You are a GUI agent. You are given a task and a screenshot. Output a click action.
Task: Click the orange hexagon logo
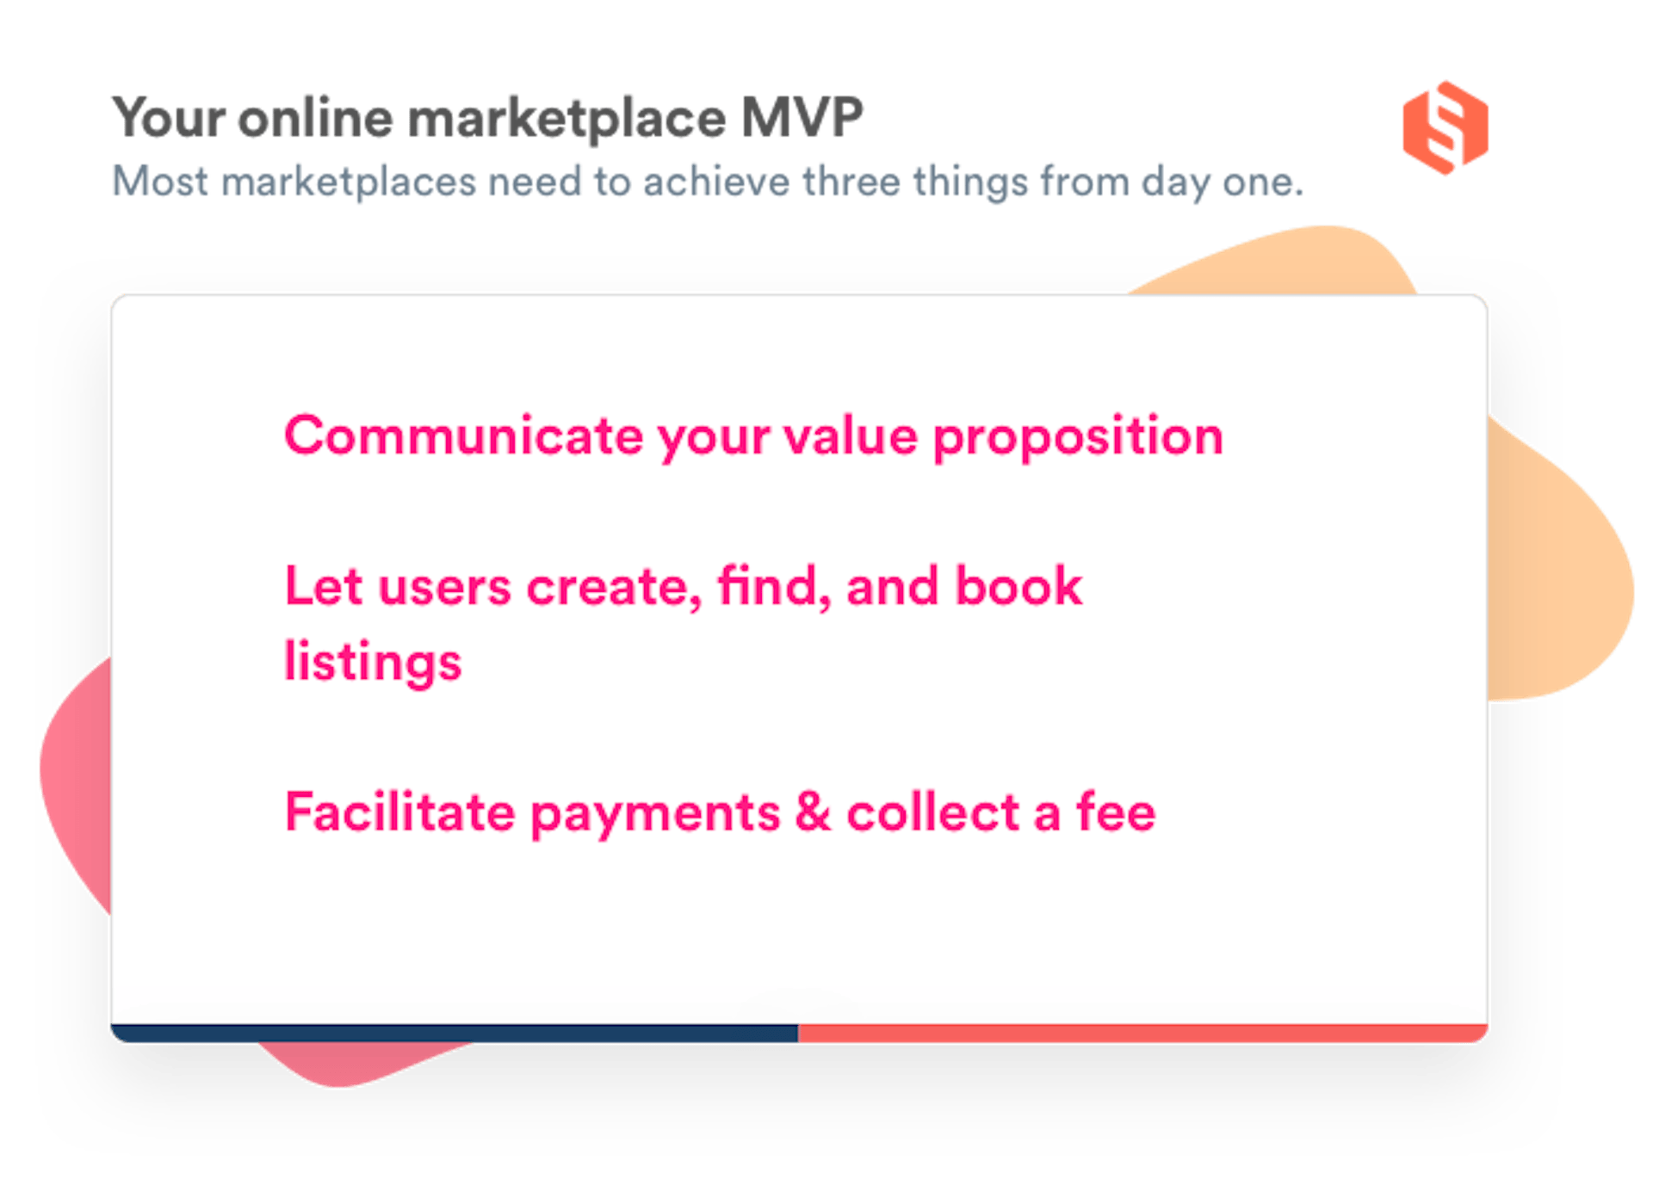(1446, 128)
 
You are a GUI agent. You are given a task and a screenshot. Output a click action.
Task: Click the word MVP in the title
(802, 117)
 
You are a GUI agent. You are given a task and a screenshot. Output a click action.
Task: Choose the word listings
(373, 663)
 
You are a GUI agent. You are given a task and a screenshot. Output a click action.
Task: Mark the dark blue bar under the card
(454, 1033)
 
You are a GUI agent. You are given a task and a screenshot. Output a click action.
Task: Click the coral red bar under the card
(1142, 1033)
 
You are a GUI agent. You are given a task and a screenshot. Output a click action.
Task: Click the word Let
(324, 587)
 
